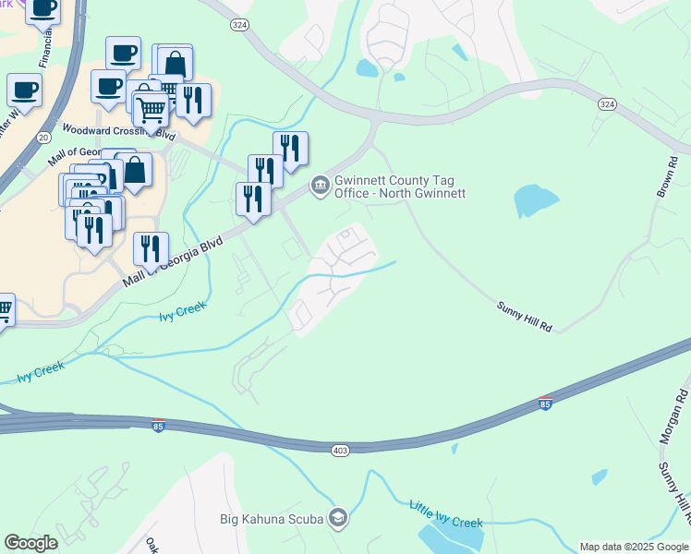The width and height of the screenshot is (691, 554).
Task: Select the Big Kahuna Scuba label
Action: click(272, 518)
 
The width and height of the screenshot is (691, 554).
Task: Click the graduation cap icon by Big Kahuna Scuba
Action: click(337, 518)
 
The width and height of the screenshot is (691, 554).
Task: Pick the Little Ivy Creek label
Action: click(446, 512)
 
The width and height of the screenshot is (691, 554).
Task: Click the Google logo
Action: click(31, 543)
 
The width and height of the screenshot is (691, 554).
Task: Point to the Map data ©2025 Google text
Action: click(633, 547)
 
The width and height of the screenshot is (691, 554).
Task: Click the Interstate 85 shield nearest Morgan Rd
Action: click(546, 404)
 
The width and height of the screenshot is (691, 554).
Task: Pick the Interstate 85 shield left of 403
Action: click(159, 427)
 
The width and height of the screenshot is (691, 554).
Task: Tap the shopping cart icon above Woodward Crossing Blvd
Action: click(151, 111)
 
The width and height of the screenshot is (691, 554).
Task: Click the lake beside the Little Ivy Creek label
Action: click(450, 535)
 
